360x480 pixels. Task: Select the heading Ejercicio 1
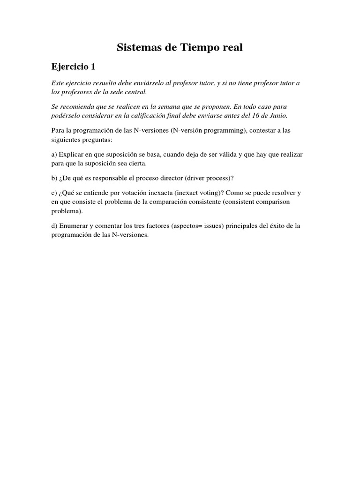(74, 67)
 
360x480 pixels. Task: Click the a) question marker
(54, 155)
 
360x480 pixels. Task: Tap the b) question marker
(54, 179)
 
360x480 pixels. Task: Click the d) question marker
(54, 226)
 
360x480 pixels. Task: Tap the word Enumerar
(76, 226)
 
